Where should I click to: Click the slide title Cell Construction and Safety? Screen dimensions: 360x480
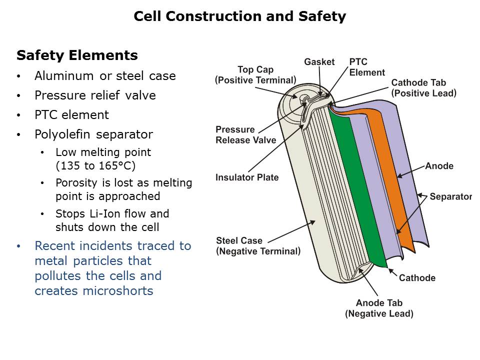pos(239,16)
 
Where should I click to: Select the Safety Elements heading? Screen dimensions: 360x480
pos(77,55)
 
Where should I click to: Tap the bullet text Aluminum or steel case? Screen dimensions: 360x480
pos(105,76)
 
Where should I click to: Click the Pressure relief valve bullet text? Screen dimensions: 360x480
pos(95,95)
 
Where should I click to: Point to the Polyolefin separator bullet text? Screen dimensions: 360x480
pos(93,134)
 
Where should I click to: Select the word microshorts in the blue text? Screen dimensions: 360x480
pos(118,290)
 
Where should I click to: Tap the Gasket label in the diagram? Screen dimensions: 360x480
pos(319,62)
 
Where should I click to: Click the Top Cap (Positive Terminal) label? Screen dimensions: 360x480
pos(255,74)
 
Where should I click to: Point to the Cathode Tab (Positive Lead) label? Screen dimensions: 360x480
pos(423,87)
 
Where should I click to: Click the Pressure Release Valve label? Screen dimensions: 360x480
pos(245,135)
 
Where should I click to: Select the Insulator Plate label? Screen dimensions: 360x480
pos(247,177)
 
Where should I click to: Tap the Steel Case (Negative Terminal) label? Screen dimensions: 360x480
pos(258,246)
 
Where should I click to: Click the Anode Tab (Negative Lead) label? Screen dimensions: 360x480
pos(379,308)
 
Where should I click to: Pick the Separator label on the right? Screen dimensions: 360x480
pos(450,196)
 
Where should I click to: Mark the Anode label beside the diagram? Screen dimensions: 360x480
pos(439,166)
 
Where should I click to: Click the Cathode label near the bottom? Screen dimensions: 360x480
pos(417,278)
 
